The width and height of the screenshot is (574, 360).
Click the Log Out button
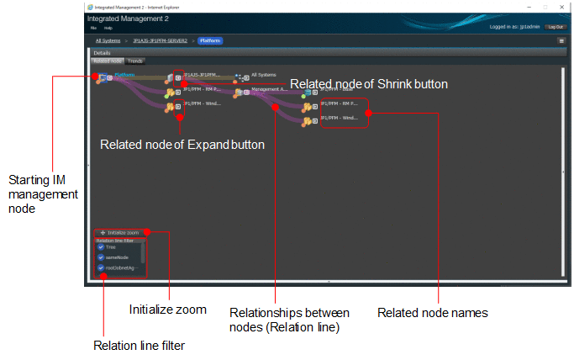[555, 27]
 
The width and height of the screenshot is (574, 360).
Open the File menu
[93, 28]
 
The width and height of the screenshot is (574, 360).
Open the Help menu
[108, 28]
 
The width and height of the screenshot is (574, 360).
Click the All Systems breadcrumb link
[107, 40]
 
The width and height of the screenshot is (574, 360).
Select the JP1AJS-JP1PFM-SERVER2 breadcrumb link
[160, 40]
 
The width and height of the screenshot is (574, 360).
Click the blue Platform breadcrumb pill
[210, 40]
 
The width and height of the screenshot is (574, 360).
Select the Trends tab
[135, 61]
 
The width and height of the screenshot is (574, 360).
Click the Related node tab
[107, 61]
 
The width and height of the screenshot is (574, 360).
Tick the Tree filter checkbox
[101, 247]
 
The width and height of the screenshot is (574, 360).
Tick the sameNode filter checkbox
[101, 257]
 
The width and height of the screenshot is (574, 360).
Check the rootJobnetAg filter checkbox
[101, 267]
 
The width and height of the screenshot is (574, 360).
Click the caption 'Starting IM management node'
[43, 194]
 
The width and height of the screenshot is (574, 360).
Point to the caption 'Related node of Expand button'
[182, 145]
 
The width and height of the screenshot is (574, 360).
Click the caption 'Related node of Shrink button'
[369, 84]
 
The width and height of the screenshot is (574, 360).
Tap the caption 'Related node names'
[432, 313]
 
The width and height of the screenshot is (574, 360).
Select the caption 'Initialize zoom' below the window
[168, 310]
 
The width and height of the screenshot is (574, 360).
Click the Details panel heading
[102, 53]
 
